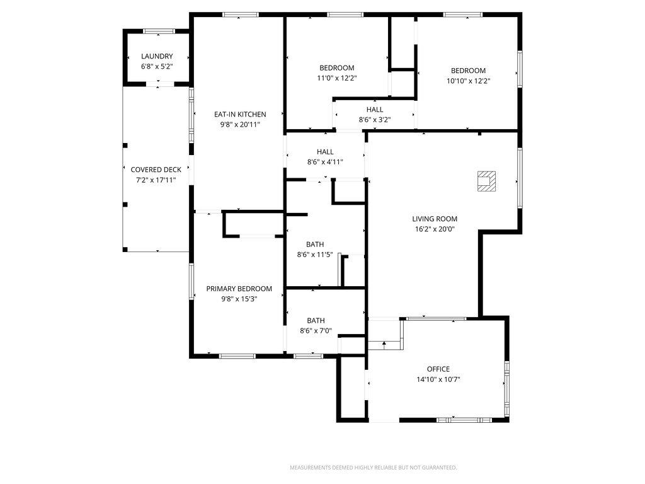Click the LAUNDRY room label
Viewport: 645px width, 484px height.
(x=157, y=56)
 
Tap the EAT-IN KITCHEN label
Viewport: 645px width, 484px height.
(x=240, y=114)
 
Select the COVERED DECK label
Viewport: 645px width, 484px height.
(x=156, y=170)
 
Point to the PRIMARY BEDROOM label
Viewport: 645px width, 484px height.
(x=239, y=289)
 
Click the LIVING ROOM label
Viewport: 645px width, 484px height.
(x=435, y=219)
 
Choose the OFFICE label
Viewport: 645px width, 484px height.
(x=438, y=369)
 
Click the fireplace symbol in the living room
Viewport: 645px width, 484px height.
(x=486, y=181)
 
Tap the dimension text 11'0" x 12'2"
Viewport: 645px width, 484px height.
(x=337, y=78)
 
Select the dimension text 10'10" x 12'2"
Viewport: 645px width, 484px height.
(x=468, y=81)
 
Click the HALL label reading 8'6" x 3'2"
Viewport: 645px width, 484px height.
(x=375, y=109)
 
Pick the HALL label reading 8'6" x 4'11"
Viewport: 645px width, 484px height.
(x=325, y=151)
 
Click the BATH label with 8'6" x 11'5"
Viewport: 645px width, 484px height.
(x=315, y=244)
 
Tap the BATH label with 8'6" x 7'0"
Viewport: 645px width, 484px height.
(x=316, y=320)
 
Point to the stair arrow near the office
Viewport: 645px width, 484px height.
(x=384, y=343)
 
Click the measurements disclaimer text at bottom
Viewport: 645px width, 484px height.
(x=373, y=468)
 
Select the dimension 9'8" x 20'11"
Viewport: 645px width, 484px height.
(x=240, y=125)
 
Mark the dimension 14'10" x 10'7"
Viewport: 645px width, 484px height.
(x=438, y=379)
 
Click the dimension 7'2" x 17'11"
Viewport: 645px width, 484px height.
(x=156, y=180)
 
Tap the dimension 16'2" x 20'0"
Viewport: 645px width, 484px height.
(x=435, y=229)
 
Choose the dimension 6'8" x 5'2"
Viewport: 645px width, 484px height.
(x=157, y=66)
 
